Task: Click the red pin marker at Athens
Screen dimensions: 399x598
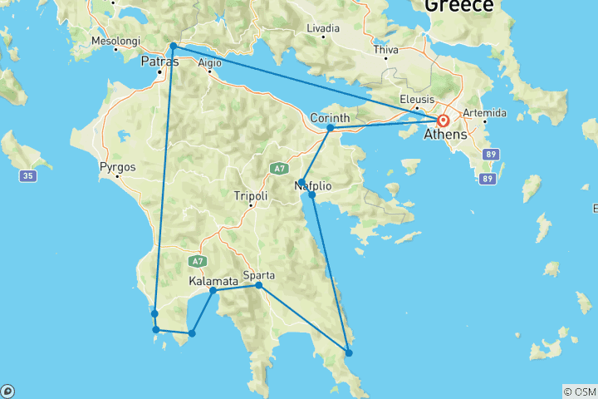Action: pyautogui.click(x=444, y=120)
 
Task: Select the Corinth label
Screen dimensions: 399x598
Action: pyautogui.click(x=329, y=118)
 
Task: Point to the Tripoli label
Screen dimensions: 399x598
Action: pyautogui.click(x=251, y=196)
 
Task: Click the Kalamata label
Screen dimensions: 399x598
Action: pyautogui.click(x=213, y=281)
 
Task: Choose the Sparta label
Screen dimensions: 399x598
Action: pyautogui.click(x=258, y=275)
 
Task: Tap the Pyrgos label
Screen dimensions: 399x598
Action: pyautogui.click(x=117, y=166)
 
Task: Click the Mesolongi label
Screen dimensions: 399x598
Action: pyautogui.click(x=115, y=40)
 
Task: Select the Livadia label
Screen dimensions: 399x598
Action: pyautogui.click(x=322, y=28)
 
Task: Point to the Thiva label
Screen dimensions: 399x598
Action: pyautogui.click(x=386, y=50)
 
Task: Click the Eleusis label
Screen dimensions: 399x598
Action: pyautogui.click(x=416, y=99)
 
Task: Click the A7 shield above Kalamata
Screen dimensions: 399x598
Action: pyautogui.click(x=197, y=260)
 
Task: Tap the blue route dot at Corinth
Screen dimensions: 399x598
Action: pyautogui.click(x=330, y=128)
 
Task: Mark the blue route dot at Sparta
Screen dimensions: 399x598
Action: pyautogui.click(x=258, y=286)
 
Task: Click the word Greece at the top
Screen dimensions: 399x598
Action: pyautogui.click(x=459, y=6)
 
